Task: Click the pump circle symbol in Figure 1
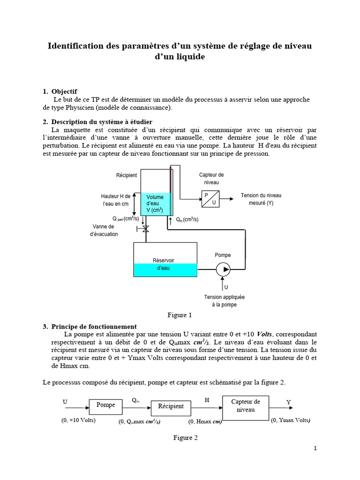[x=223, y=270]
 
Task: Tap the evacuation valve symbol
[x=145, y=229]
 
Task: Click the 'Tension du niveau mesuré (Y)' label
[x=261, y=199]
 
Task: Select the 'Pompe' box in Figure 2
[x=106, y=405]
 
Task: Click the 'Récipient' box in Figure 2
[x=171, y=406]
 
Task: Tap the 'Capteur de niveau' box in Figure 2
[x=243, y=406]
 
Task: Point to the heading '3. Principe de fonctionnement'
[x=90, y=326]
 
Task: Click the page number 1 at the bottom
[x=315, y=448]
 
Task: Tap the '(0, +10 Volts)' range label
[x=78, y=420]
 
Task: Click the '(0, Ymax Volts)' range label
[x=291, y=420]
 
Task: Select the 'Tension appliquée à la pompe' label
[x=224, y=300]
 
